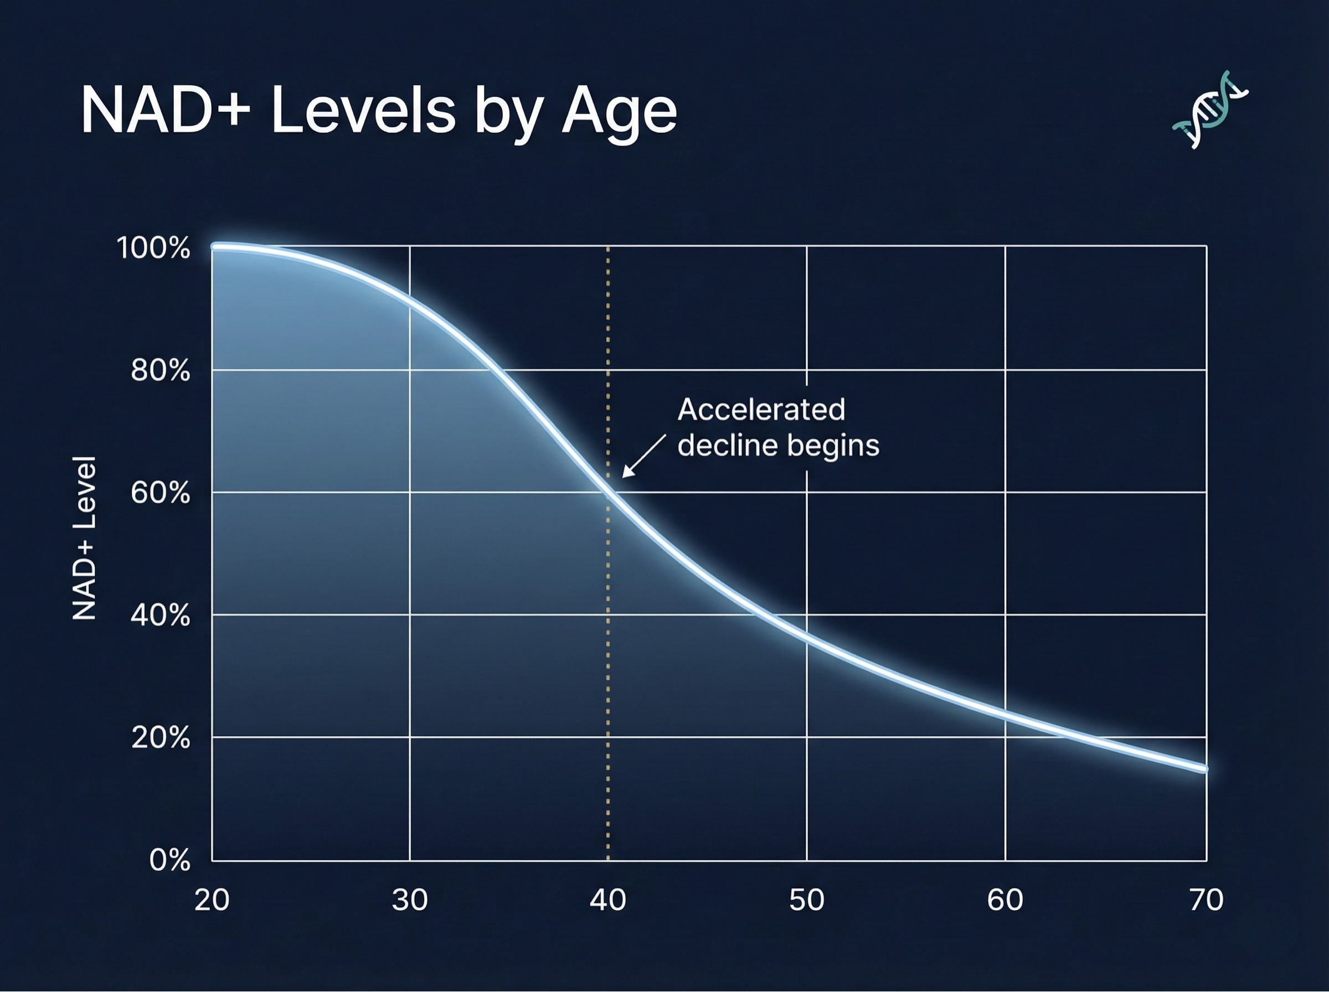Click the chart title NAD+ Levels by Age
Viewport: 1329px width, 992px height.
tap(379, 112)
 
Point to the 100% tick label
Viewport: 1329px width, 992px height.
tap(153, 247)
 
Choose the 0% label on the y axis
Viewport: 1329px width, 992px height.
tap(169, 860)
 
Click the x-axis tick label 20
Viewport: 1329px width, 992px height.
tap(212, 900)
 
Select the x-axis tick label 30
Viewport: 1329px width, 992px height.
tap(410, 900)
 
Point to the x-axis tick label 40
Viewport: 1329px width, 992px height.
tap(608, 900)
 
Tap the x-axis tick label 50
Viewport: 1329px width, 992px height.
tap(806, 900)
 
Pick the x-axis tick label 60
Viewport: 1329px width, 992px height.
tap(1005, 900)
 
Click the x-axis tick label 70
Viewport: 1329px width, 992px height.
tap(1206, 900)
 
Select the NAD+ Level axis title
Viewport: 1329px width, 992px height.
tap(84, 538)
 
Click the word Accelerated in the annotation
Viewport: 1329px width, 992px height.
tap(761, 410)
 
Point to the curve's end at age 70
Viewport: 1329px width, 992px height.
tap(1203, 768)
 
